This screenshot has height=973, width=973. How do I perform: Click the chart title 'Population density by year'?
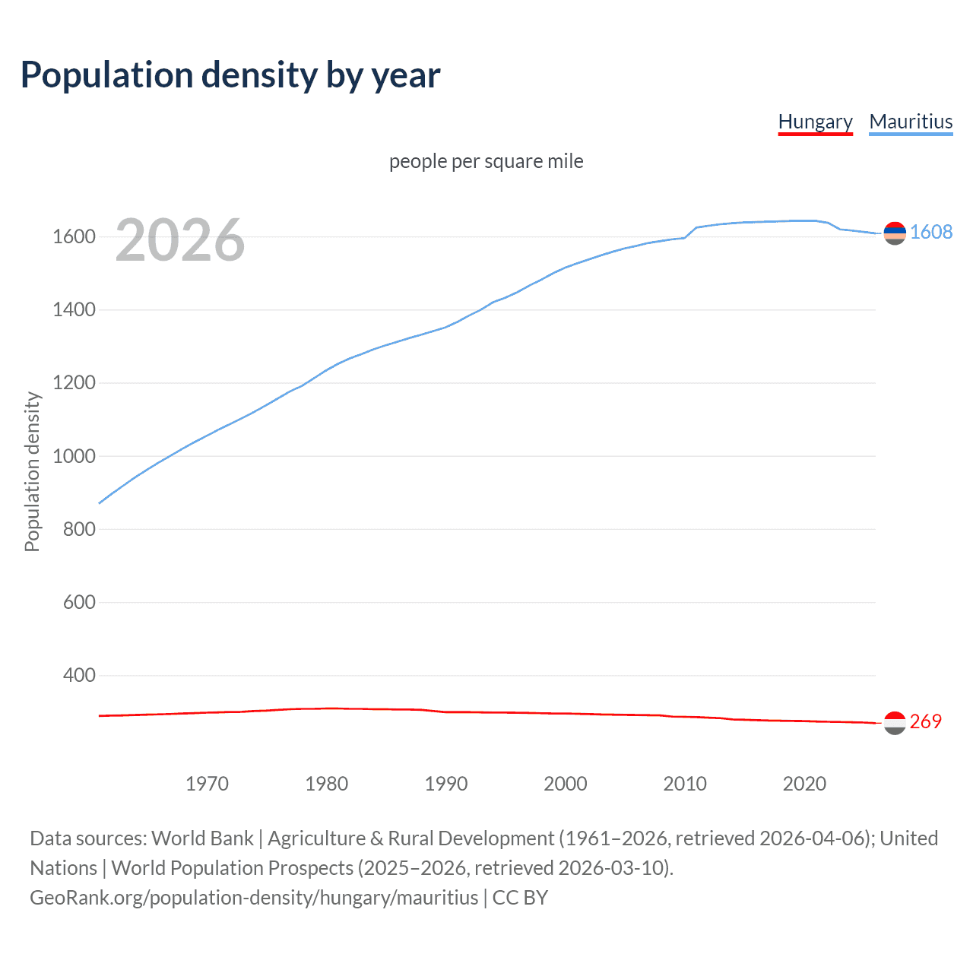tap(230, 75)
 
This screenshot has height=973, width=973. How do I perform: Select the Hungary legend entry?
tap(815, 122)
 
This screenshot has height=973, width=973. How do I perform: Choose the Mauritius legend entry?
tap(911, 122)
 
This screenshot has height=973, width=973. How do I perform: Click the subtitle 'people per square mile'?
tap(486, 161)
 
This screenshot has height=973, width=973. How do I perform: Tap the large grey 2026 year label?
tap(180, 240)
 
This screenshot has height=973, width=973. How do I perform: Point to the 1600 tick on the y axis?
tap(74, 236)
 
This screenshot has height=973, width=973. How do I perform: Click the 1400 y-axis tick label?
tap(74, 309)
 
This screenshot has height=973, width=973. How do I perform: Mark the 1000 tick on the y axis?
tap(74, 456)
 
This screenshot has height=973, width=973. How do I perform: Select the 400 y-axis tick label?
tap(79, 675)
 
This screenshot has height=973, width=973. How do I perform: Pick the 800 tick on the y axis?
tap(79, 529)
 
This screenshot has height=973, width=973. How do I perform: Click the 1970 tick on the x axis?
tap(207, 784)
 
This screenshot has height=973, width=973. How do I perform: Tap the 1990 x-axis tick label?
tap(446, 784)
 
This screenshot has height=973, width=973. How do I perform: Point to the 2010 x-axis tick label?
tap(685, 784)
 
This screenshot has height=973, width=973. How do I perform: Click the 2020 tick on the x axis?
tap(804, 784)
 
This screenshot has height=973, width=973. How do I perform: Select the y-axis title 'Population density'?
tap(32, 471)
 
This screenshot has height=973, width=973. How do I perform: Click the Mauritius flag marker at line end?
tap(895, 233)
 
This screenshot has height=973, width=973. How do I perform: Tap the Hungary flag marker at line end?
tap(895, 723)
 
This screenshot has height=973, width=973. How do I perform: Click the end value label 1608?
tap(931, 232)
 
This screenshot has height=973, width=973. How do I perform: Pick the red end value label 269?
tap(925, 721)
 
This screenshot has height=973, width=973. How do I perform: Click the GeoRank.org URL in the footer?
tap(254, 898)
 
